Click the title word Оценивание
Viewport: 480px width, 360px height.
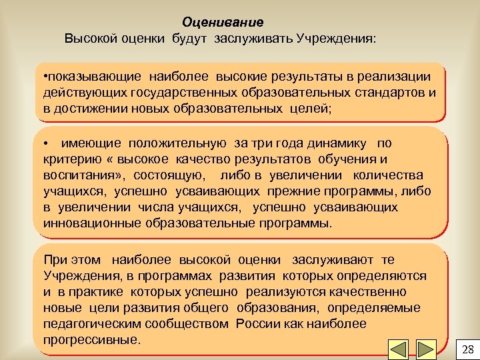tap(223, 23)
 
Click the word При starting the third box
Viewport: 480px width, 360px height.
tap(54, 260)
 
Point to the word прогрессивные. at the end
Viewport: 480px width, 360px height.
tap(92, 339)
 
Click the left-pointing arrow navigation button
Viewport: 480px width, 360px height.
tap(398, 349)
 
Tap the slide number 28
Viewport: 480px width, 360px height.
tap(467, 349)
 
